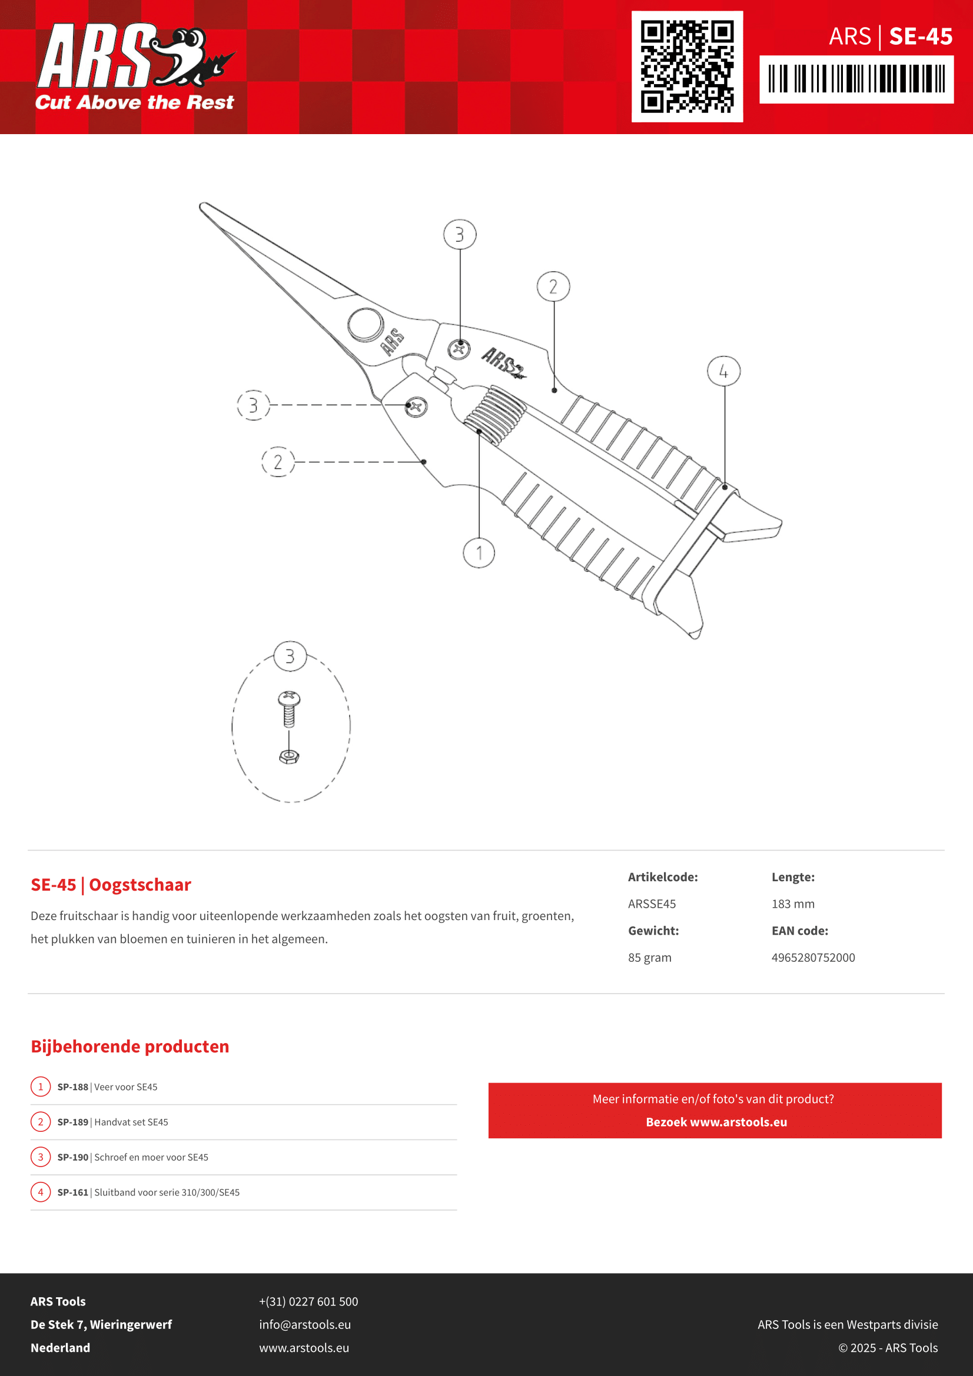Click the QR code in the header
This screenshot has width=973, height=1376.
687,66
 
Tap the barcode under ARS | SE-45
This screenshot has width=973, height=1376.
856,78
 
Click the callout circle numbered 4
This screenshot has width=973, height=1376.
723,371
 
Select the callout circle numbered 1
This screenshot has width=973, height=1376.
479,552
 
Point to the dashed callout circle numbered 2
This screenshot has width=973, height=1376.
278,462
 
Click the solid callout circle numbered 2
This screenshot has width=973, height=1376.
553,286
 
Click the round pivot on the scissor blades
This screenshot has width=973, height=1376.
366,325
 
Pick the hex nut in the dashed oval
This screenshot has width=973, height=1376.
289,757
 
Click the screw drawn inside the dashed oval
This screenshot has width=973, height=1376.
289,709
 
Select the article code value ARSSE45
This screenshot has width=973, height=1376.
652,904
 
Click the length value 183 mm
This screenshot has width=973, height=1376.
792,904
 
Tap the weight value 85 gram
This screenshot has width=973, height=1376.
649,958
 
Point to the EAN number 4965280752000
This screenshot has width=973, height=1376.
813,958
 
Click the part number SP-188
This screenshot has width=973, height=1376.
72,1087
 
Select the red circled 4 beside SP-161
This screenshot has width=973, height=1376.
41,1192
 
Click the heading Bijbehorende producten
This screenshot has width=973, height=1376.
129,1047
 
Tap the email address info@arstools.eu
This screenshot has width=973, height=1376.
304,1324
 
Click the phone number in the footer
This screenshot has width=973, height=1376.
308,1301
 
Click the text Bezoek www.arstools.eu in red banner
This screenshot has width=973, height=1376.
716,1122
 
